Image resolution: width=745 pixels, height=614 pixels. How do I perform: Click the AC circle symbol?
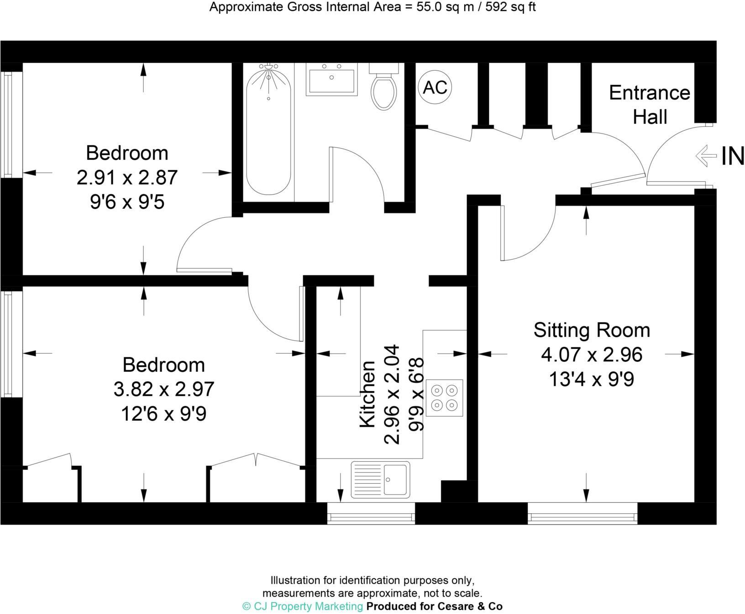pyautogui.click(x=435, y=87)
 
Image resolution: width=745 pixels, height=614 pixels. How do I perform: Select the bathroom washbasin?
pyautogui.click(x=332, y=82)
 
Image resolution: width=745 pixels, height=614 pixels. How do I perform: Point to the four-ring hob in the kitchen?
pyautogui.click(x=444, y=398)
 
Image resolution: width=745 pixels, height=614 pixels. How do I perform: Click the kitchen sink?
pyautogui.click(x=380, y=480)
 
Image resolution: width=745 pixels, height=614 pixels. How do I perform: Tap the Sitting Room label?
pyautogui.click(x=592, y=330)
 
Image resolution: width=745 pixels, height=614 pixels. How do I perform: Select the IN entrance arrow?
pyautogui.click(x=706, y=156)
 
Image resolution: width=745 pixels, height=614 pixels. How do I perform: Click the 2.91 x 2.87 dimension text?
pyautogui.click(x=127, y=177)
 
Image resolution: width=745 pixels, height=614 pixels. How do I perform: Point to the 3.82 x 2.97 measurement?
pyautogui.click(x=163, y=389)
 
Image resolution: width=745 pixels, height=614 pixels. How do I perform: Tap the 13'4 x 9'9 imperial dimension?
pyautogui.click(x=592, y=379)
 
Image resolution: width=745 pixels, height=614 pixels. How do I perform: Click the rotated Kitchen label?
pyautogui.click(x=368, y=394)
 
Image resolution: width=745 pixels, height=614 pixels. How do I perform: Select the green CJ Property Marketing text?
pyautogui.click(x=302, y=606)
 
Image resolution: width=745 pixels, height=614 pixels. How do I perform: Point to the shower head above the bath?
pyautogui.click(x=269, y=67)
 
